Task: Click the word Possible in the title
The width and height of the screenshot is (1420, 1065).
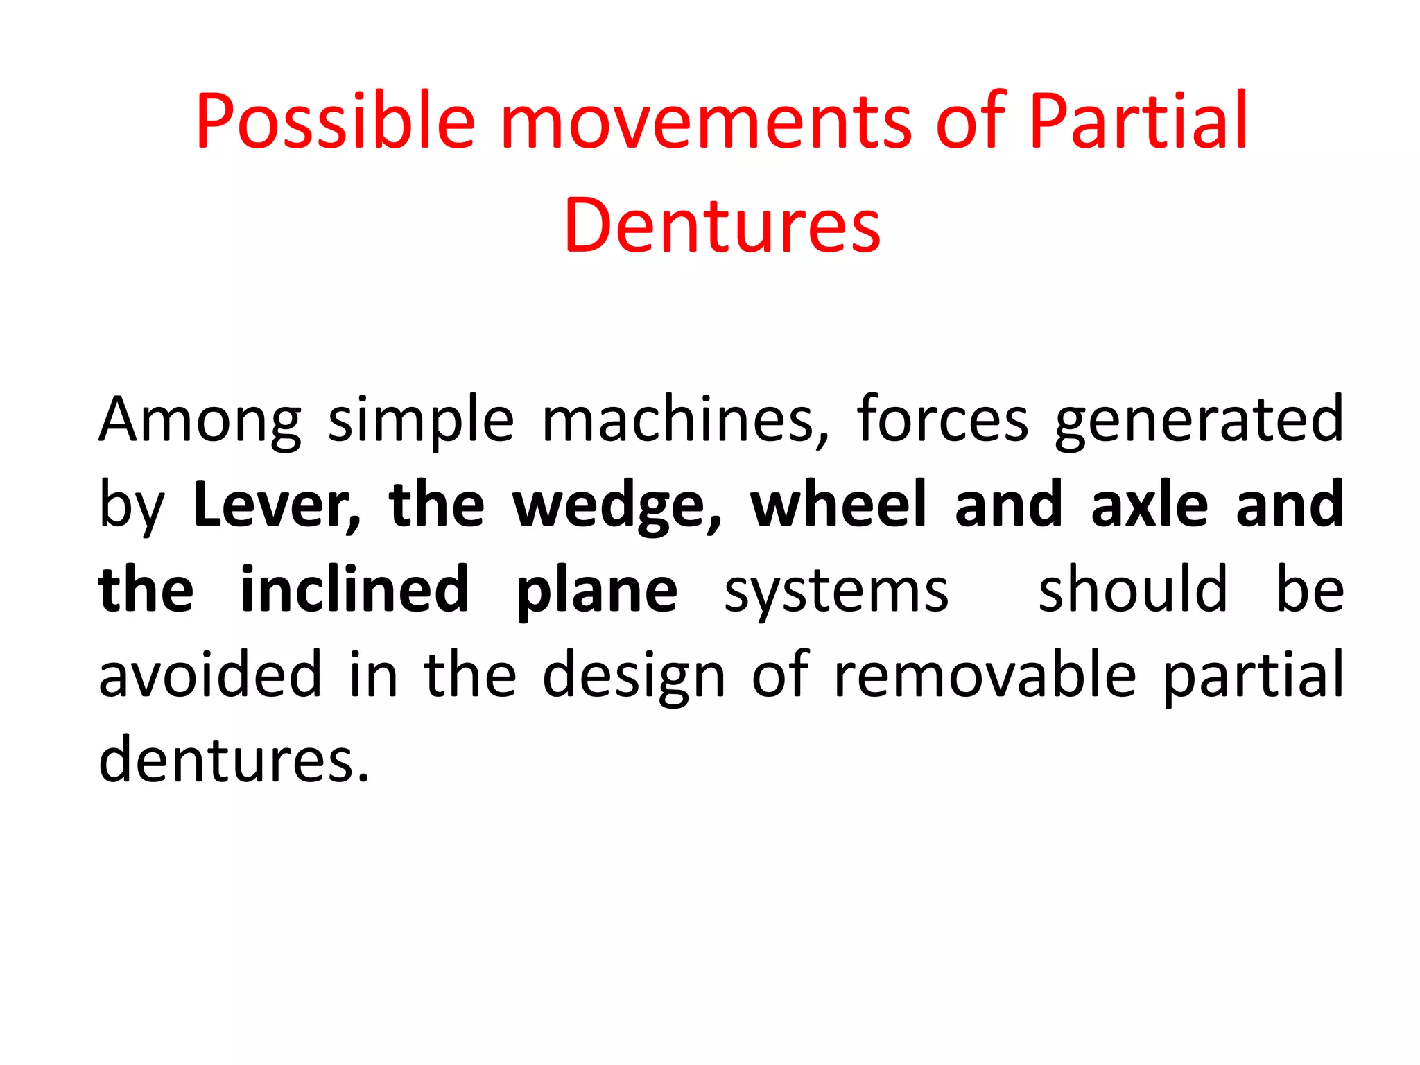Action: (x=335, y=122)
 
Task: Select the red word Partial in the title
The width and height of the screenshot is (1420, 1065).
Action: (x=1138, y=122)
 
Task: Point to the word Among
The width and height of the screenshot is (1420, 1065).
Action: (x=200, y=421)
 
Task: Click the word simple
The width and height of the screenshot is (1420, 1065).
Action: (x=421, y=421)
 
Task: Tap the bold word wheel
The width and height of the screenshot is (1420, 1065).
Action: (x=838, y=505)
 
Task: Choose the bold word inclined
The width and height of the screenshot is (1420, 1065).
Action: (x=354, y=590)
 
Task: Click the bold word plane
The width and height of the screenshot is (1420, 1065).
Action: (x=597, y=590)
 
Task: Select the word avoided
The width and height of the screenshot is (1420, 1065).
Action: (x=211, y=675)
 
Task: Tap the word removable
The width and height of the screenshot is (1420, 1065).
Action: (x=985, y=675)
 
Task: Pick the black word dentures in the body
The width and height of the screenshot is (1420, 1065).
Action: (x=234, y=760)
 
